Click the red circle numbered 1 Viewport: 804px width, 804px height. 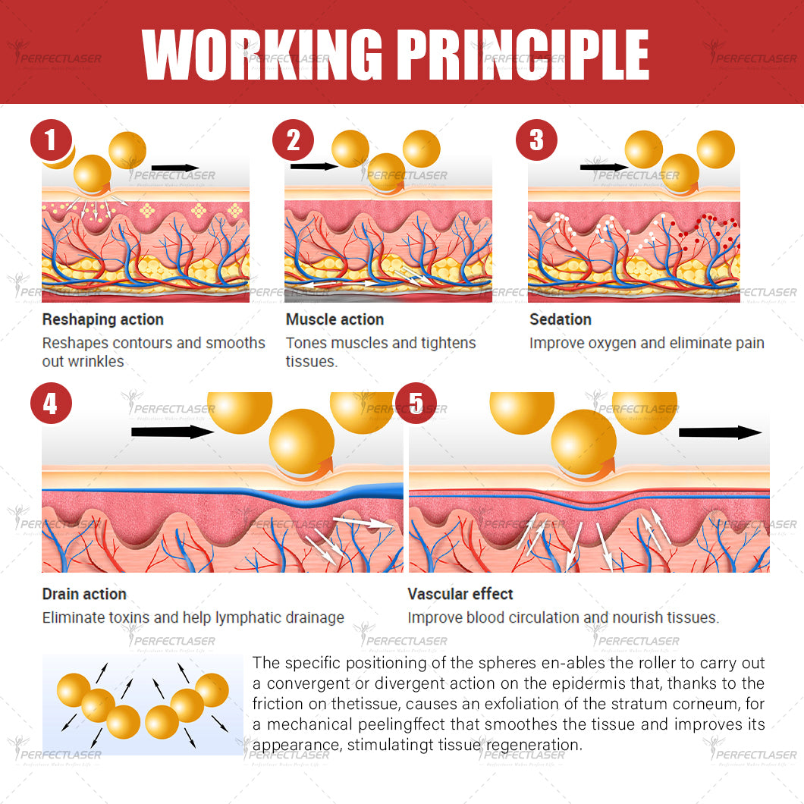pos(51,141)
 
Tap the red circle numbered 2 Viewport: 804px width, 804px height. pos(294,141)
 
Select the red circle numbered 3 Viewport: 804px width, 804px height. pos(537,141)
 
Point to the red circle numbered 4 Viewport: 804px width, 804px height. pos(51,404)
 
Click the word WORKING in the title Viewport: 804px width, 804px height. pos(262,55)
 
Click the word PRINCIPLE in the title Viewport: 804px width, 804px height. pos(523,55)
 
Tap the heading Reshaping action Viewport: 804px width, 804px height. pos(102,319)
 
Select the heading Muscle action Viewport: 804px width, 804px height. pos(334,319)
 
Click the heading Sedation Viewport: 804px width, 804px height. pos(560,319)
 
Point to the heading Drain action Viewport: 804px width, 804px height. pos(84,594)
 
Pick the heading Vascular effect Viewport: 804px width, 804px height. pos(460,594)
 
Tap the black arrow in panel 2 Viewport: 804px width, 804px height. pos(312,165)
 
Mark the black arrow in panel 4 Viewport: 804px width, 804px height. pos(174,432)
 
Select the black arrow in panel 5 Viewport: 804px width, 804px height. pos(720,432)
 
